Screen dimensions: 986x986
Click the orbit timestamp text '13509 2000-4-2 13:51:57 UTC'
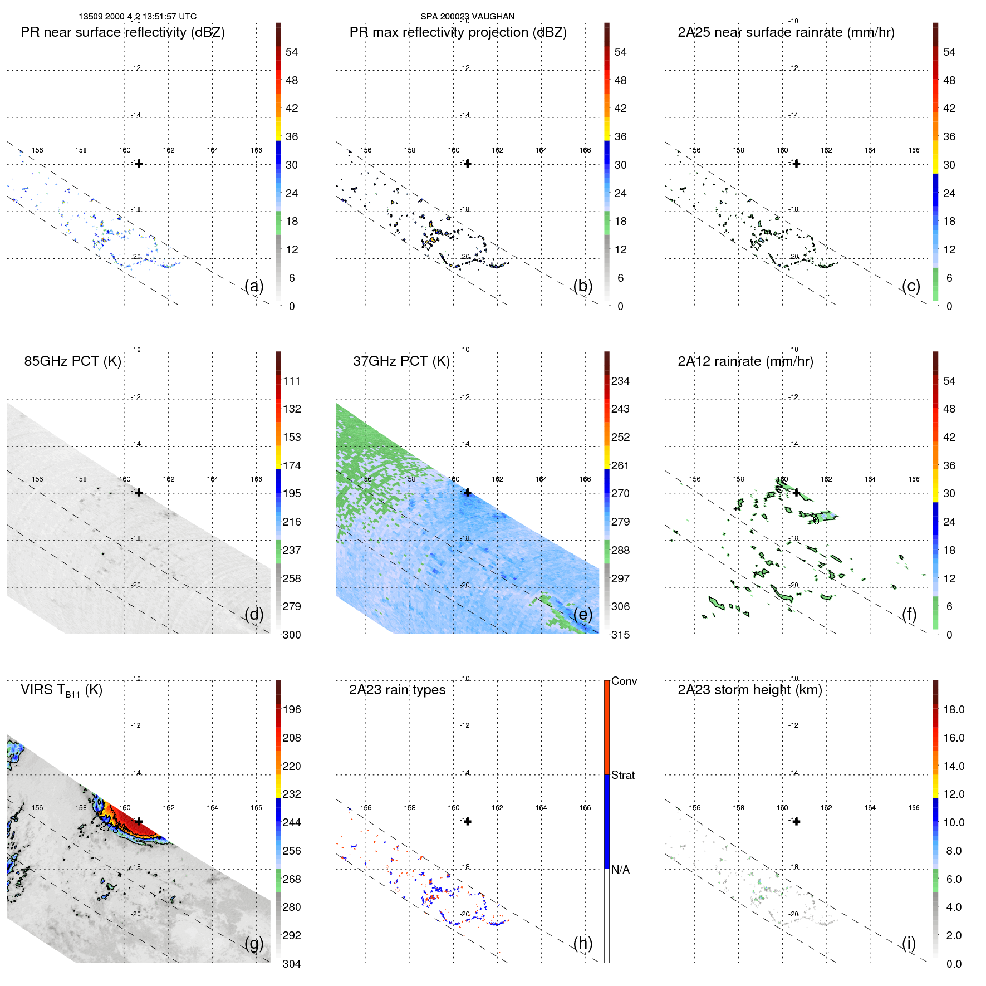(138, 17)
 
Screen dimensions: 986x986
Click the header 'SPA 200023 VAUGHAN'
(467, 17)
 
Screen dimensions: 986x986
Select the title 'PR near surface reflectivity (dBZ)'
(122, 32)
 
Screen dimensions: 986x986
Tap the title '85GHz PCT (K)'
(72, 361)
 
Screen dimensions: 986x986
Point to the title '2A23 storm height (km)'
(749, 690)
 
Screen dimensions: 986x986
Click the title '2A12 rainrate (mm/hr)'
(745, 361)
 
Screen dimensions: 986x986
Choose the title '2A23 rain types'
(397, 690)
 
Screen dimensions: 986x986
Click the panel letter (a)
(254, 286)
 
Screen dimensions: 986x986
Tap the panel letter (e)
(583, 614)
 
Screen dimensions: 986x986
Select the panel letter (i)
(908, 943)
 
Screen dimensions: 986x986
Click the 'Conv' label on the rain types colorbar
(624, 681)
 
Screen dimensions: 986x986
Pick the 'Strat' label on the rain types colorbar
(623, 775)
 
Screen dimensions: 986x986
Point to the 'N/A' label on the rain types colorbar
(620, 870)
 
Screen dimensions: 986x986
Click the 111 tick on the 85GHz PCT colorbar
(292, 381)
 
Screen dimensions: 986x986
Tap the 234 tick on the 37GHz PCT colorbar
(620, 381)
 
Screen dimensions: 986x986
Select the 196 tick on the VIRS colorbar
(292, 709)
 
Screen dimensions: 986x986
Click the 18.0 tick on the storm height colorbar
(954, 709)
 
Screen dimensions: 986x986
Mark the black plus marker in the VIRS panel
(139, 821)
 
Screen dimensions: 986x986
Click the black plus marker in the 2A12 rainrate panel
(796, 493)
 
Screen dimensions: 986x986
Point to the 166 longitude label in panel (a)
(256, 150)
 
